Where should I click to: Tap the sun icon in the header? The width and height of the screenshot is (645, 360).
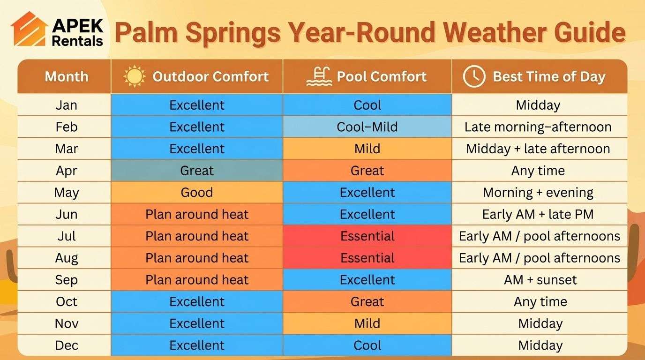(135, 76)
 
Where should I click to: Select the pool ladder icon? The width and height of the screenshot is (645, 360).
(319, 76)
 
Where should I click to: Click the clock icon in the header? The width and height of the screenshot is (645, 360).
(474, 76)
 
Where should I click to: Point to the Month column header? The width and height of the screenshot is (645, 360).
(66, 76)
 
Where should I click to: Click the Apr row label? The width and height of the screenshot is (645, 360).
(66, 171)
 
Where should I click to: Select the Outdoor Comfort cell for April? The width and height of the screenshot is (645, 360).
(197, 171)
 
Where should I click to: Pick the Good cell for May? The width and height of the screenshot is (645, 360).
(197, 193)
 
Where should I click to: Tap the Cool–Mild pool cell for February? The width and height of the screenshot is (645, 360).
(367, 127)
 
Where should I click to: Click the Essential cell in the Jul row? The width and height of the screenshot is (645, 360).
(367, 236)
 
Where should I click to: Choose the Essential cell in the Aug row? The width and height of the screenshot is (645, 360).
(367, 258)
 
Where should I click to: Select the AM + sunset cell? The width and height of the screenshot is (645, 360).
(540, 280)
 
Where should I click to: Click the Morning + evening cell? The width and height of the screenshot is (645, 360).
(538, 193)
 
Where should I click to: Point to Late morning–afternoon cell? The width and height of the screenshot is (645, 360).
(538, 127)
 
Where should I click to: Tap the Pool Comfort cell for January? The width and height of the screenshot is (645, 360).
(367, 105)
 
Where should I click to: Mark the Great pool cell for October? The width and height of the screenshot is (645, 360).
(367, 301)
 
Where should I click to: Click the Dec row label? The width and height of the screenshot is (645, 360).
(66, 345)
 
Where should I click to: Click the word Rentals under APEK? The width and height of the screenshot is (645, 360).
(77, 41)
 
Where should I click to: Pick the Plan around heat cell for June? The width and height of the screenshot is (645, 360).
(197, 214)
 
